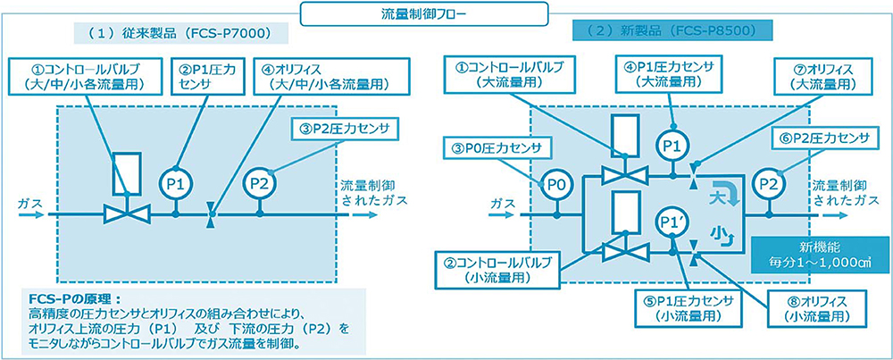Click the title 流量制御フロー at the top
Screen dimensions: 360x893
point(446,13)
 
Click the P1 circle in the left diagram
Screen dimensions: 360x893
point(176,184)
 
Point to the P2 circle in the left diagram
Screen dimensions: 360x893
point(260,184)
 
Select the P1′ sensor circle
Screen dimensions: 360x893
point(668,221)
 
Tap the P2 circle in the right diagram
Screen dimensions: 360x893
point(766,184)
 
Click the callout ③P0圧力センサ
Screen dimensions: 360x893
point(496,146)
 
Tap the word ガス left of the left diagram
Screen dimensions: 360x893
point(29,205)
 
